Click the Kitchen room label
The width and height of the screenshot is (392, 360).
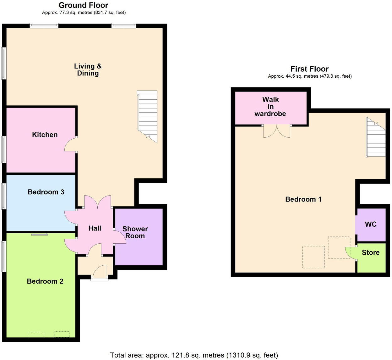pos(45,135)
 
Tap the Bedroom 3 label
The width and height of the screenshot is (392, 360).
pos(46,192)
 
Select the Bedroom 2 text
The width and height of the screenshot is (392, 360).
pos(45,281)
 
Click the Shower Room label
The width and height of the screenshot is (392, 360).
pos(135,232)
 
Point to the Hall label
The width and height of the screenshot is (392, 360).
pos(95,229)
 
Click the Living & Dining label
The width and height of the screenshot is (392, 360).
pos(88,70)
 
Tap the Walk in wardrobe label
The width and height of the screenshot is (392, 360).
pos(270,107)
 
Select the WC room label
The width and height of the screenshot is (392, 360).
pos(371,224)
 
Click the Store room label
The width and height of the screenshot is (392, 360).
pos(371,252)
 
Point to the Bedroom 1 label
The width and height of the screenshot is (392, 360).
pos(303,199)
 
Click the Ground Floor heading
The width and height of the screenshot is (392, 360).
pos(84,5)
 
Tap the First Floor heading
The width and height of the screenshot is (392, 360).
pos(309,69)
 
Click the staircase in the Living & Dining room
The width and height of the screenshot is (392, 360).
pos(147,115)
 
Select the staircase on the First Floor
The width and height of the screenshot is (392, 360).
pos(376,138)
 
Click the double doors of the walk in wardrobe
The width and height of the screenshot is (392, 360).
pos(277,131)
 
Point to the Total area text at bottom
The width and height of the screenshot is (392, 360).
pos(194,355)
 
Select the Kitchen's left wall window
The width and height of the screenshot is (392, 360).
pos(4,149)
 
